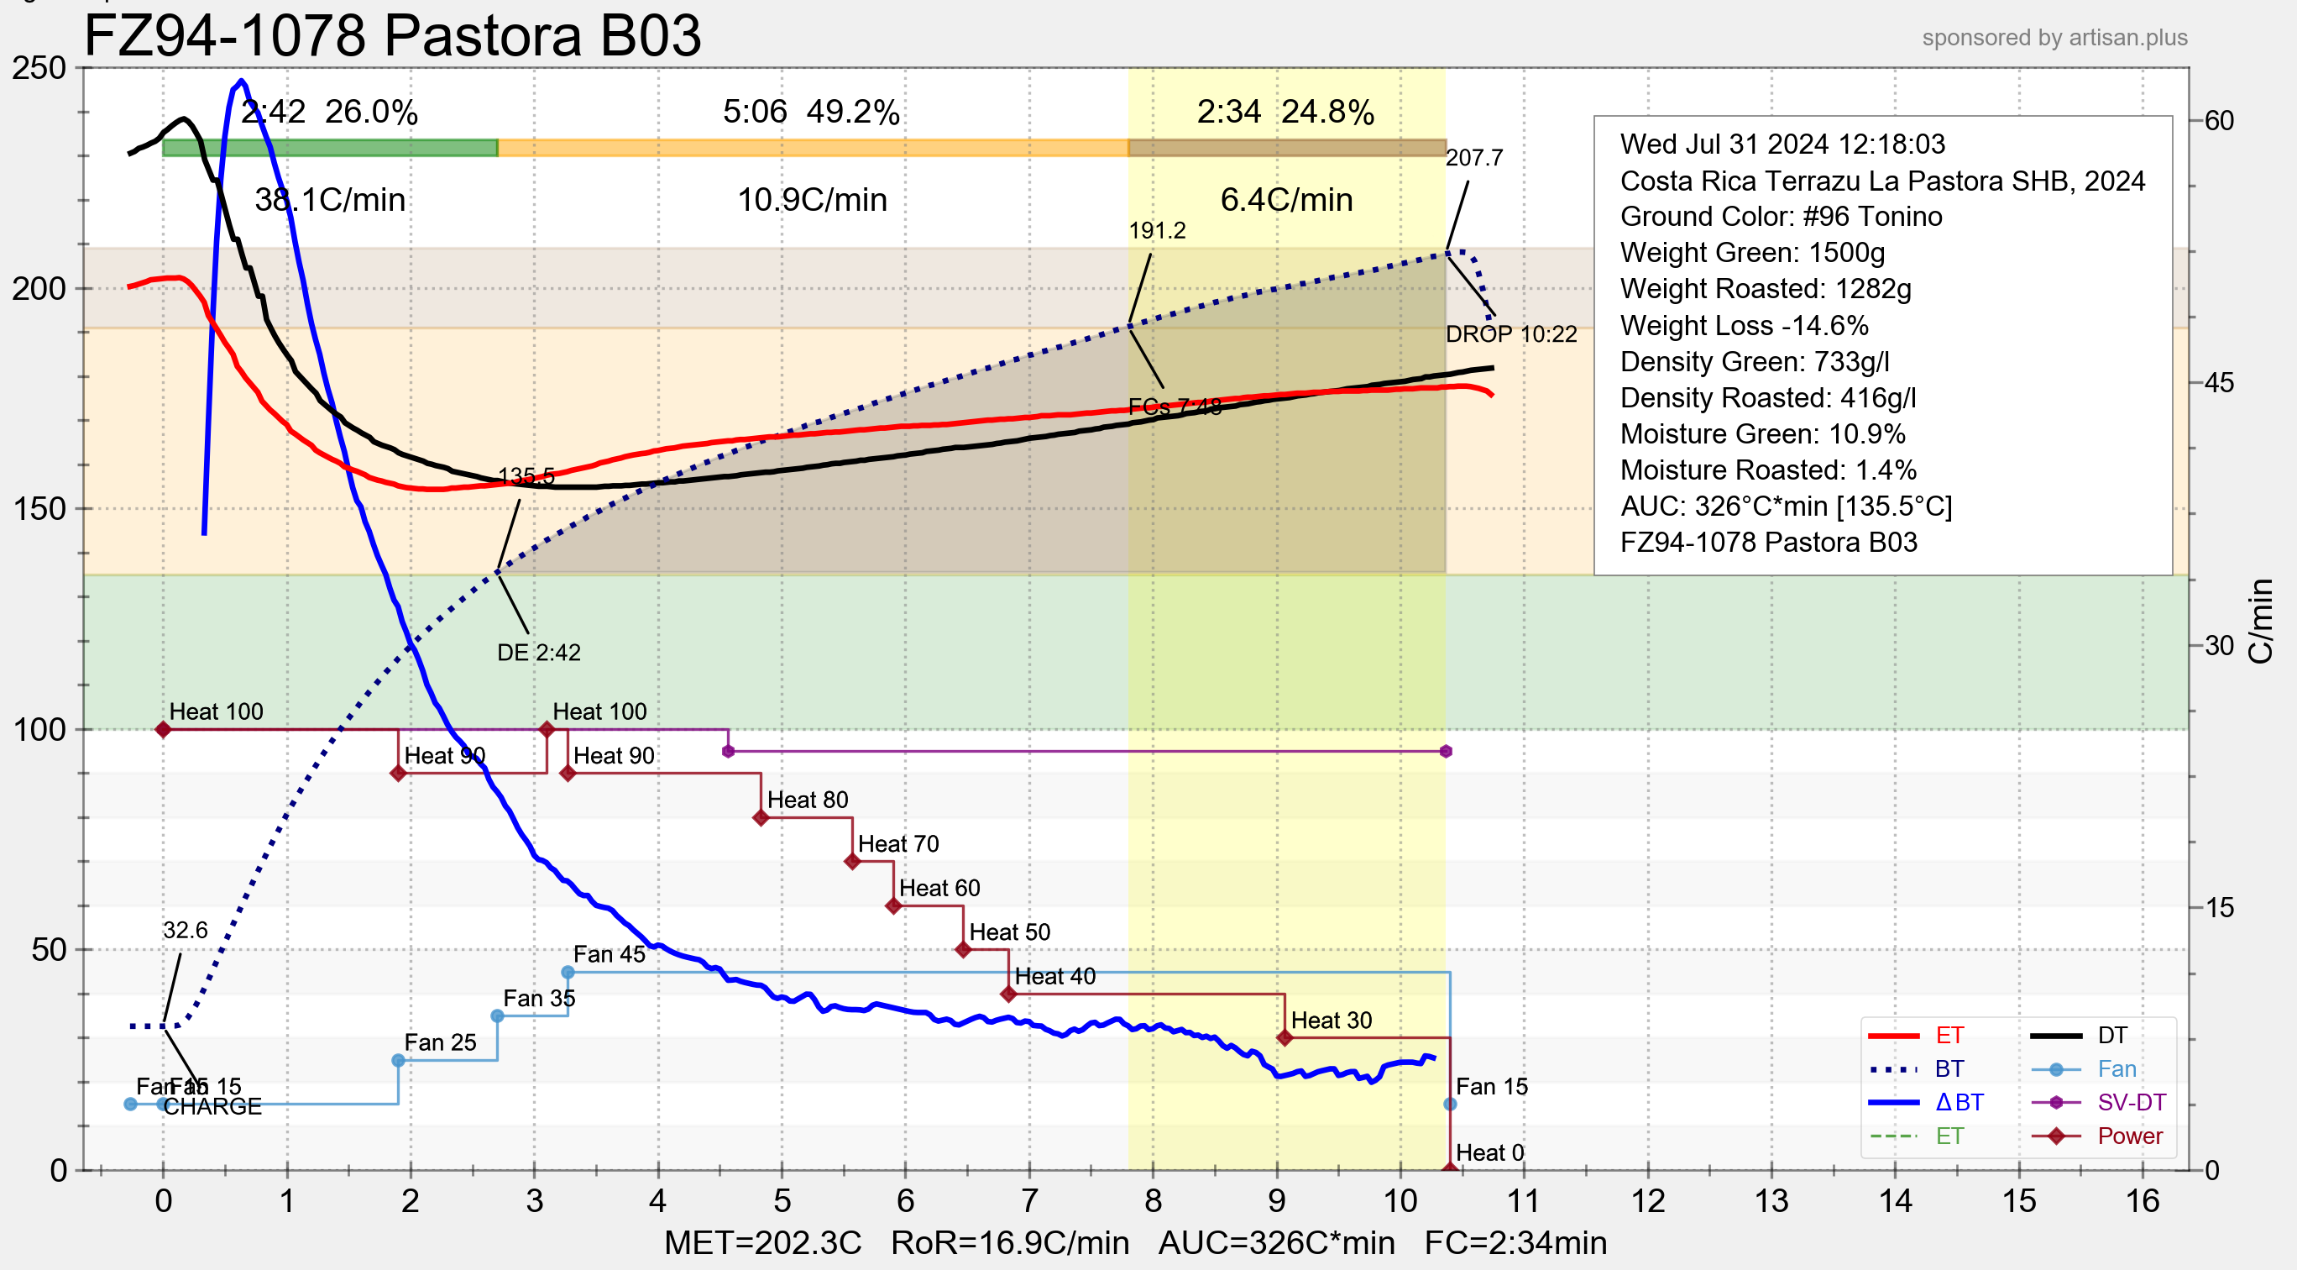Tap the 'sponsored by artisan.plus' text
[x=2054, y=38]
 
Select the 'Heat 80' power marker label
[x=807, y=800]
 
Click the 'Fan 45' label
[x=609, y=954]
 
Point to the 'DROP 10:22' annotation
[x=1510, y=334]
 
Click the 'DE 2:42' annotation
[x=539, y=653]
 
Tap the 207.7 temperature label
[x=1474, y=158]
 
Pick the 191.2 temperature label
[x=1157, y=231]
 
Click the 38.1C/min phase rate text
[x=330, y=200]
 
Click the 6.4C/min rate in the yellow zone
[x=1286, y=200]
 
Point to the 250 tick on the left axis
[x=39, y=68]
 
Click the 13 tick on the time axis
[x=1771, y=1201]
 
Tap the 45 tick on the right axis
[x=2219, y=384]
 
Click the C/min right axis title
[x=2260, y=621]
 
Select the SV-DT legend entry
[x=2131, y=1102]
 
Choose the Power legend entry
[x=2129, y=1136]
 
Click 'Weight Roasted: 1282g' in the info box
[x=1766, y=289]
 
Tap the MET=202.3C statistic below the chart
[x=762, y=1242]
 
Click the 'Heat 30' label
[x=1331, y=1021]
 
